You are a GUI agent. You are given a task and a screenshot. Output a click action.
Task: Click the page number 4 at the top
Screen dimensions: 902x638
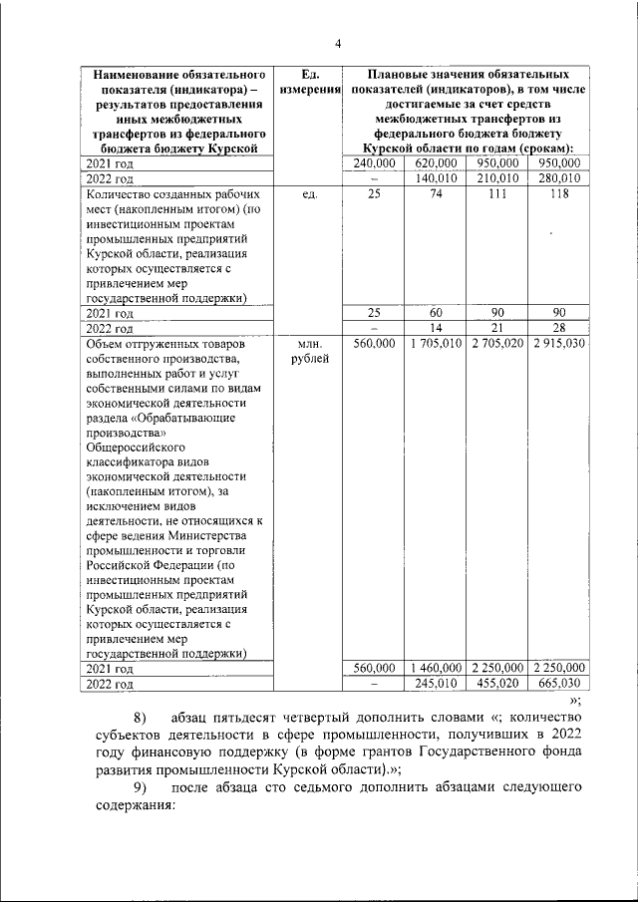point(338,44)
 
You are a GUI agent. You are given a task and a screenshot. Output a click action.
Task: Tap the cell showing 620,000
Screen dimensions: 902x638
point(437,162)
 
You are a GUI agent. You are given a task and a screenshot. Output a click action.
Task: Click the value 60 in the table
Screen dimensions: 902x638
point(437,312)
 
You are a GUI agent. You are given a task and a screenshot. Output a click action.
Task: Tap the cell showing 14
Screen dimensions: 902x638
point(437,327)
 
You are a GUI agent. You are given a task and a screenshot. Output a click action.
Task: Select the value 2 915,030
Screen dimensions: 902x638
point(557,343)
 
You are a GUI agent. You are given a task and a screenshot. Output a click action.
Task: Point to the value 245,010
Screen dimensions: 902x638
point(437,684)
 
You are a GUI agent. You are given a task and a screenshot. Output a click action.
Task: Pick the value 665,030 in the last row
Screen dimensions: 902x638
point(557,684)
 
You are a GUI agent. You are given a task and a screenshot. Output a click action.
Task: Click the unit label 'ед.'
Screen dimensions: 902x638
point(307,194)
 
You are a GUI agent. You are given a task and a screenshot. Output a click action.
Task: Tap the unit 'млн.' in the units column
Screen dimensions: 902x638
point(307,343)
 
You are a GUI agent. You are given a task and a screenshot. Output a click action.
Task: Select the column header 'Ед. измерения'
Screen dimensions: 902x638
point(307,83)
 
